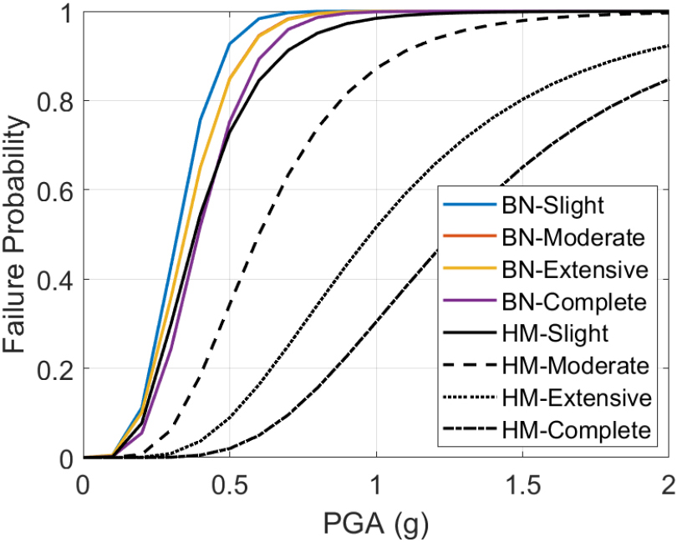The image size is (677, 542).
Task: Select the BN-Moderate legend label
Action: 573,237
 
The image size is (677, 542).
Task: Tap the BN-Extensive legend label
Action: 573,270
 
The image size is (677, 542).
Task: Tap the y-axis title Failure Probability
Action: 18,230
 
